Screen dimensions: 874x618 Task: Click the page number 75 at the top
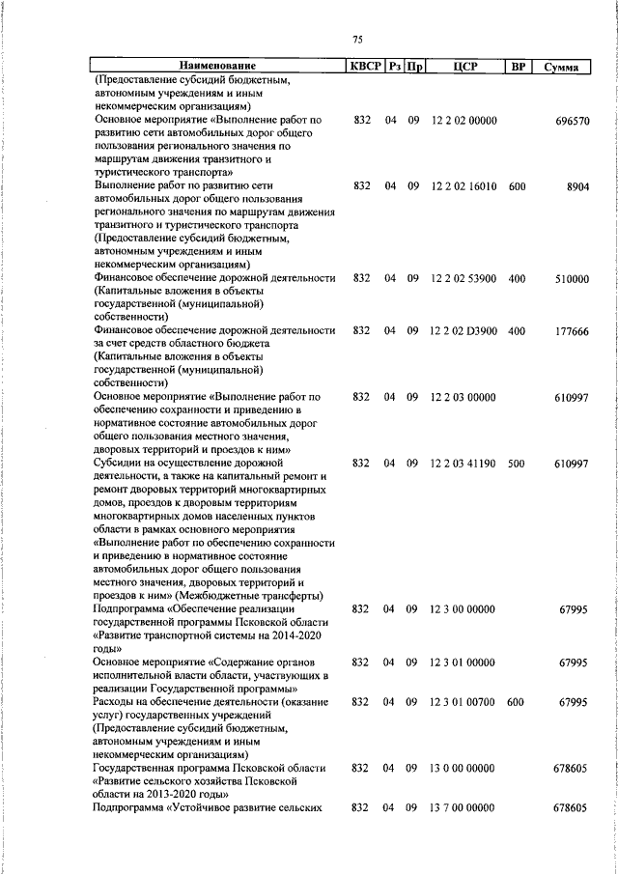pyautogui.click(x=357, y=39)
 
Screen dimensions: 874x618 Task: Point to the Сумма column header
pyautogui.click(x=562, y=68)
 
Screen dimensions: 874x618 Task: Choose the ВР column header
pyautogui.click(x=518, y=68)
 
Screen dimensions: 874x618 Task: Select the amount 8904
pyautogui.click(x=578, y=183)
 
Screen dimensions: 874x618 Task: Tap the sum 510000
pyautogui.click(x=572, y=278)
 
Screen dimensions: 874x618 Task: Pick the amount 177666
pyautogui.click(x=572, y=330)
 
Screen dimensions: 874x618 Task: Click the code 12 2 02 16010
pyautogui.click(x=463, y=183)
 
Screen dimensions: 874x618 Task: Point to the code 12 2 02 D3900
pyautogui.click(x=463, y=330)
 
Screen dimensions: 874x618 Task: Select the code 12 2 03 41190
pyautogui.click(x=463, y=464)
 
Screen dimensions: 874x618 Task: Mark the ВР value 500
pyautogui.click(x=517, y=464)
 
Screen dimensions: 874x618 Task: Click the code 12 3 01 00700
pyautogui.click(x=463, y=702)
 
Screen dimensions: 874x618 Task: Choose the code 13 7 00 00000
pyautogui.click(x=463, y=807)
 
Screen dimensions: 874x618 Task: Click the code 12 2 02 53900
pyautogui.click(x=463, y=278)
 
